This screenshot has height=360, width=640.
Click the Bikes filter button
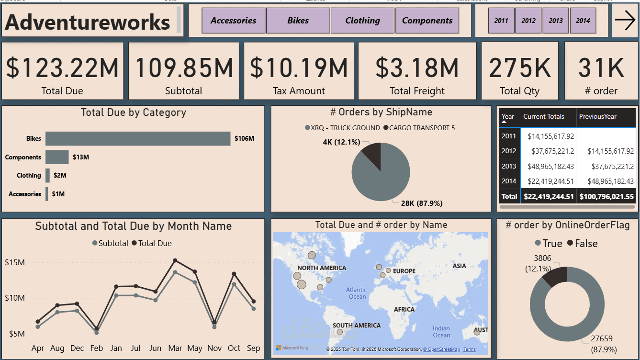(298, 21)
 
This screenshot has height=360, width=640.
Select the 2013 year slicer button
(555, 21)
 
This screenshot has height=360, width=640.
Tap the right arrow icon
(625, 20)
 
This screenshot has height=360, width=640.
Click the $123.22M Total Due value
(62, 67)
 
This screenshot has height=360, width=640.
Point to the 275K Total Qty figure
(520, 67)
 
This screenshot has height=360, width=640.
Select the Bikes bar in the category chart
(138, 139)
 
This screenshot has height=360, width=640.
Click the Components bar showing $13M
(57, 157)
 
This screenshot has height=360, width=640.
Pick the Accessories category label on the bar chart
(25, 194)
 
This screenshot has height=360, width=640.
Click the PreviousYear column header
(597, 116)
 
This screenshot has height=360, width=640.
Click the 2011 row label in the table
(508, 136)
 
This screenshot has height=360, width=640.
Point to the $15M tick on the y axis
(14, 262)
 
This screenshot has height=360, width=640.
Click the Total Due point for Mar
(175, 260)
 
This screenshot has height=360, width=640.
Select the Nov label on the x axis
(214, 348)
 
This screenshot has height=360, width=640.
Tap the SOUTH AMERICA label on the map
(357, 326)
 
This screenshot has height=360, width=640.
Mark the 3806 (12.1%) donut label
(542, 263)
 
